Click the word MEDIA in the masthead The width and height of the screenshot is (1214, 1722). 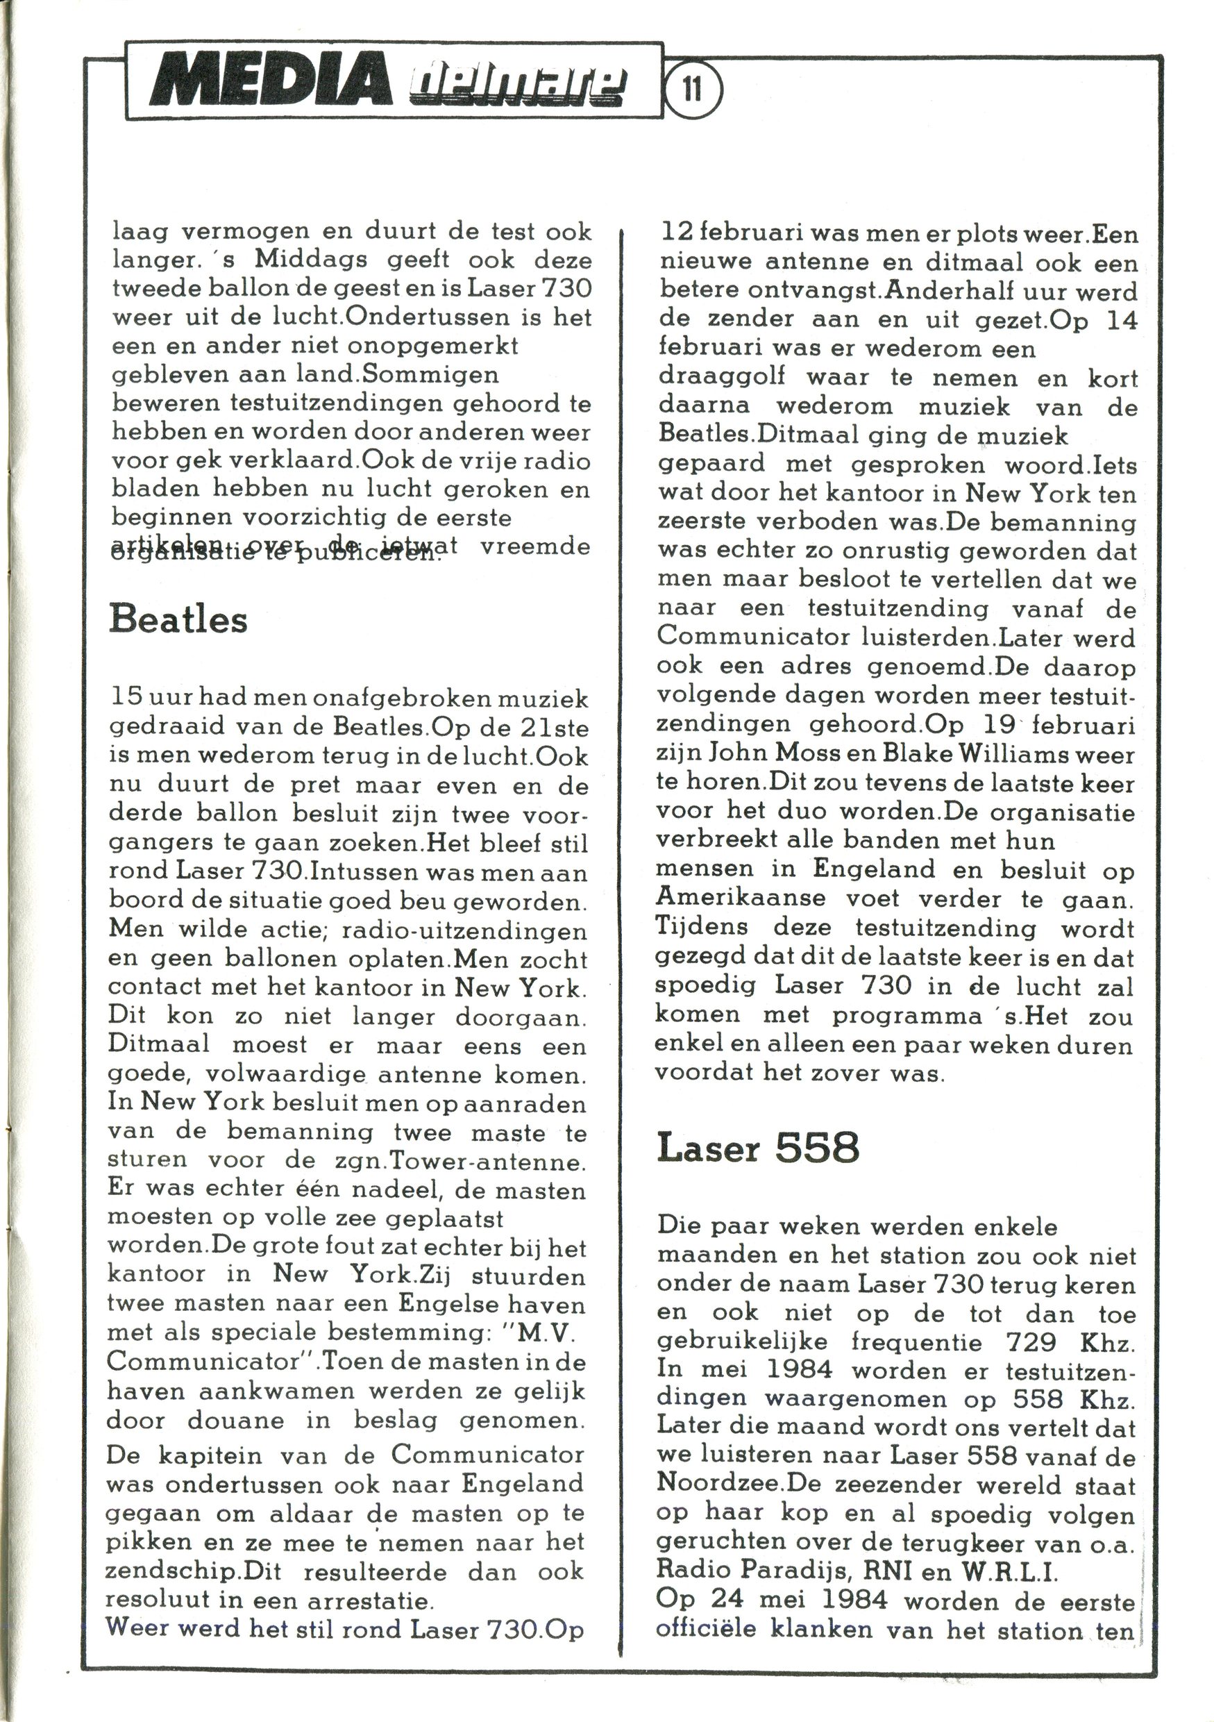point(271,81)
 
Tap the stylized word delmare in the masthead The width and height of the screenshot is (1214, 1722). point(517,84)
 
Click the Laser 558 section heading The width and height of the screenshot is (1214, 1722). point(757,1148)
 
